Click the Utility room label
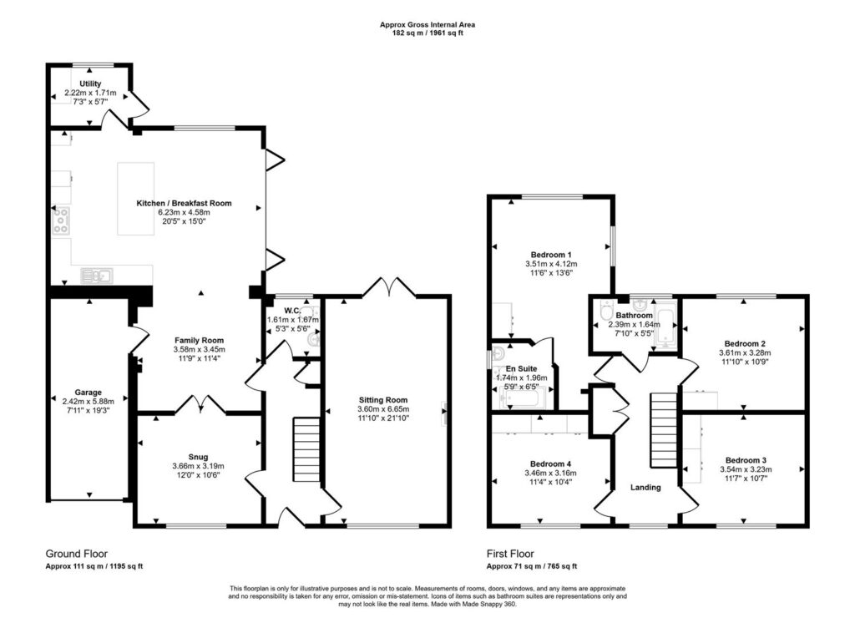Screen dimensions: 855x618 pyautogui.click(x=90, y=84)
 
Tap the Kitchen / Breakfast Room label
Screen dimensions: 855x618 pyautogui.click(x=184, y=203)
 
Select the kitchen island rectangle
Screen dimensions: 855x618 pyautogui.click(x=136, y=199)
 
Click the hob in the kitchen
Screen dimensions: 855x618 pyautogui.click(x=61, y=220)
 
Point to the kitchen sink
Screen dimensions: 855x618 pyautogui.click(x=97, y=276)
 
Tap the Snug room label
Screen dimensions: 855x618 pyautogui.click(x=198, y=457)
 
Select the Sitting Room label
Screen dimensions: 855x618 pyautogui.click(x=383, y=400)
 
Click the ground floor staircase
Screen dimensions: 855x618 pyautogui.click(x=307, y=449)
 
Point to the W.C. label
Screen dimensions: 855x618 pyautogui.click(x=292, y=312)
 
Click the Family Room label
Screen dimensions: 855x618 pyautogui.click(x=199, y=341)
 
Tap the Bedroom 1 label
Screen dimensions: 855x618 pyautogui.click(x=551, y=255)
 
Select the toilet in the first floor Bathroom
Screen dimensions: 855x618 pyautogui.click(x=606, y=310)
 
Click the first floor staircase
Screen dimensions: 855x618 pyautogui.click(x=663, y=431)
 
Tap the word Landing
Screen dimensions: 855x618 pyautogui.click(x=645, y=487)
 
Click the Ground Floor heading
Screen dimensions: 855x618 pyautogui.click(x=76, y=554)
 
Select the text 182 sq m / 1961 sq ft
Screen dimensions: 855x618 pyautogui.click(x=427, y=33)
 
